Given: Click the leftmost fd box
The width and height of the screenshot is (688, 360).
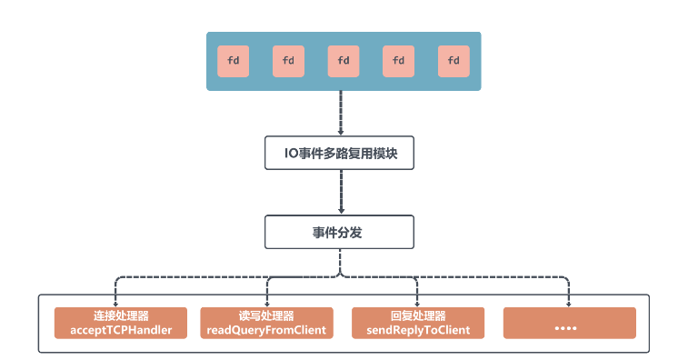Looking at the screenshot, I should (x=233, y=61).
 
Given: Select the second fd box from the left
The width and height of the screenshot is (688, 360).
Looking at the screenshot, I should (x=288, y=61).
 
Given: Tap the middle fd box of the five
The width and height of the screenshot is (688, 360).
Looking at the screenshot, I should (x=344, y=61).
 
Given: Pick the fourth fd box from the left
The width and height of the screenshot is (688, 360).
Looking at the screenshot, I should (x=398, y=61).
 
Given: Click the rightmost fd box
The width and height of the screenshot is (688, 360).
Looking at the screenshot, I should (x=454, y=61).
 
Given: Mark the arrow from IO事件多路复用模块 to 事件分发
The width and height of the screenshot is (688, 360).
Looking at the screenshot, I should (x=340, y=192).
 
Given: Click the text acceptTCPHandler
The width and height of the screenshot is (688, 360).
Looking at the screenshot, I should (x=121, y=330).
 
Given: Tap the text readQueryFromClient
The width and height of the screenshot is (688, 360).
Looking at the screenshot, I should (x=266, y=330).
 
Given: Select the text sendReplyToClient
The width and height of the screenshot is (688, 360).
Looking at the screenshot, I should (x=418, y=330).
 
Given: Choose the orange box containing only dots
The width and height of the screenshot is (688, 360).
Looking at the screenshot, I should (x=569, y=323).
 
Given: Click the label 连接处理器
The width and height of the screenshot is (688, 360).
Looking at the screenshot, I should (x=121, y=316).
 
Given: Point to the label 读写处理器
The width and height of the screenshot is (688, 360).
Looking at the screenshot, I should (x=266, y=316).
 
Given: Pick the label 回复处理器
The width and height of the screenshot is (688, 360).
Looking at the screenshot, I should (x=418, y=316).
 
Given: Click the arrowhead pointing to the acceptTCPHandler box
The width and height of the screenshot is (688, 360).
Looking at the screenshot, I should (x=115, y=304).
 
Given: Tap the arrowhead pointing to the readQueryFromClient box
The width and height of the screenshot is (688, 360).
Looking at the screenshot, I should (x=267, y=304).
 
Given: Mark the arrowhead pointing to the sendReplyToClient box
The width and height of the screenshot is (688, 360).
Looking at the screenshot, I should (x=417, y=304).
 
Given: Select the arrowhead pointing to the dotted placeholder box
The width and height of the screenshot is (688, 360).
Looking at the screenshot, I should (x=569, y=304).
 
